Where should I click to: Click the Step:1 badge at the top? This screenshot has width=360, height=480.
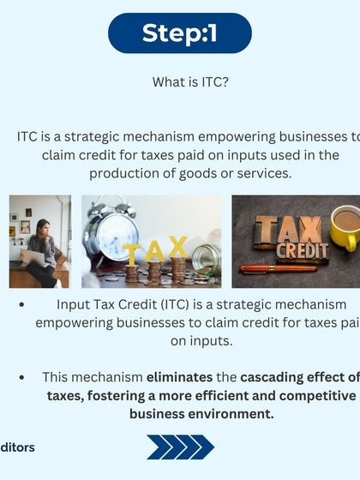pyautogui.click(x=180, y=33)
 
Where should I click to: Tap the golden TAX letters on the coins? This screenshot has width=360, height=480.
pyautogui.click(x=155, y=250)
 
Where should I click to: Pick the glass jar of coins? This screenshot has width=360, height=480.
pyautogui.click(x=206, y=259)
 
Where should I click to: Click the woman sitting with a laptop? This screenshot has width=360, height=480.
pyautogui.click(x=39, y=249)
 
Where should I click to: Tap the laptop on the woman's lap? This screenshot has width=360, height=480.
pyautogui.click(x=34, y=257)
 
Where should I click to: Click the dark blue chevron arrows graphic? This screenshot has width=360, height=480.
pyautogui.click(x=180, y=447)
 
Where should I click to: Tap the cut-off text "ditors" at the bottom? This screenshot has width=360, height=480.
pyautogui.click(x=17, y=447)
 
